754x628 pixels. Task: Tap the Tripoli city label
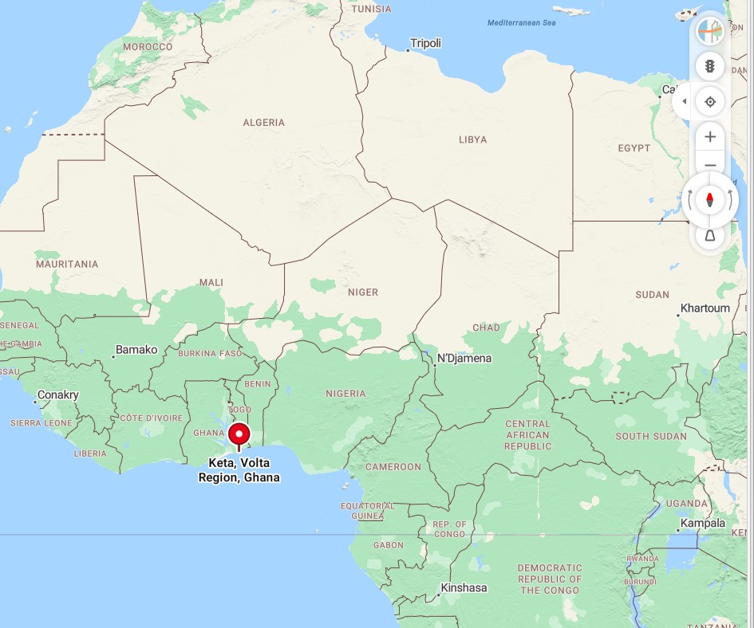point(424,44)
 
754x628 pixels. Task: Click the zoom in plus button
point(709,137)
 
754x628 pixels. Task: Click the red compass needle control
point(709,199)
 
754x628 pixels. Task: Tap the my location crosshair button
point(709,101)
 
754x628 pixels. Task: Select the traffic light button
point(709,66)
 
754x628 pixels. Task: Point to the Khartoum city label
point(705,308)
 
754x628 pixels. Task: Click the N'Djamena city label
point(464,359)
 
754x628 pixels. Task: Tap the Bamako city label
point(136,350)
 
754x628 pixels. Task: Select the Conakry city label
point(58,395)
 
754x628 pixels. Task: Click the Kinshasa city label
point(464,588)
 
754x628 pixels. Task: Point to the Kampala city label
point(703,524)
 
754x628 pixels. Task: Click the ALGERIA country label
point(263,123)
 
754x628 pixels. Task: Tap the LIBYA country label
point(472,140)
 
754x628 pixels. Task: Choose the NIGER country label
point(362,292)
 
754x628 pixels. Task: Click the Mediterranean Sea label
point(521,23)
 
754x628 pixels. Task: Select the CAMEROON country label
point(393,467)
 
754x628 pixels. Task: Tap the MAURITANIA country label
point(67,265)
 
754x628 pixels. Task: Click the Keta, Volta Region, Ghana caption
point(239,470)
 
